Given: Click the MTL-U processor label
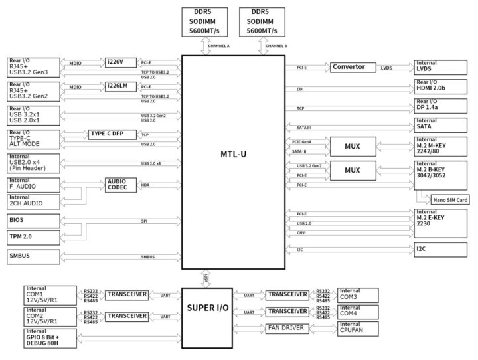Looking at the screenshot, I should [x=234, y=155].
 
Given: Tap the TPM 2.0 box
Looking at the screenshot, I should [x=34, y=236].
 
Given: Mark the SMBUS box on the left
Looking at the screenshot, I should [x=34, y=256].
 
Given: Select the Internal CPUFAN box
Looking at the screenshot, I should [x=358, y=327].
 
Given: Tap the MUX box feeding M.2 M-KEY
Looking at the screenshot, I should [x=352, y=146].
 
